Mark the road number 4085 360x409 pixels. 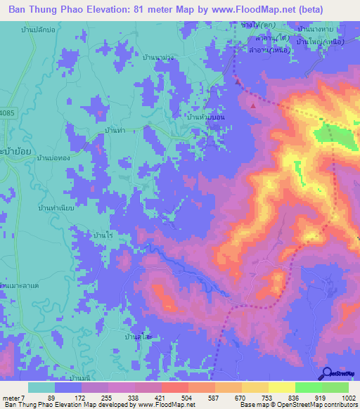coord(6,112)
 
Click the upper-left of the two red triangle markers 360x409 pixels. coord(238,82)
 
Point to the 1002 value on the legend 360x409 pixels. coord(340,397)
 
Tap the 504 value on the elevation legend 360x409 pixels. coord(187,397)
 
